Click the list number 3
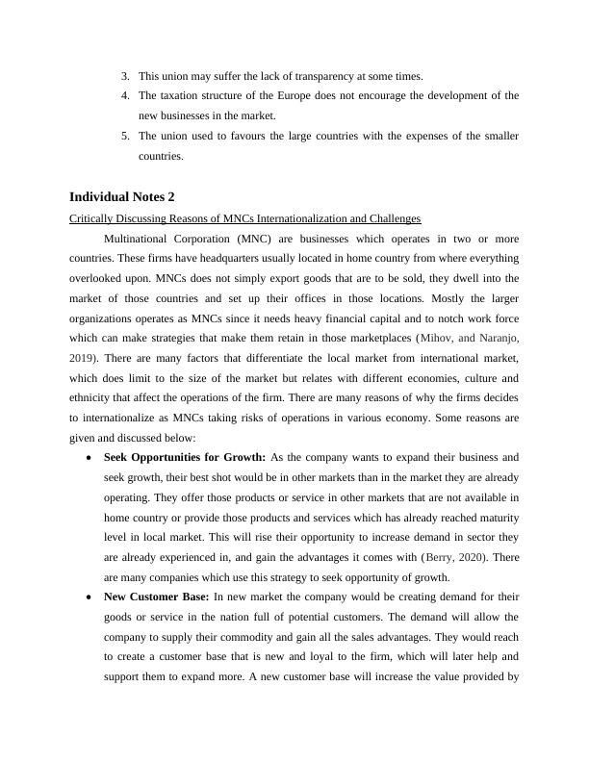[x=125, y=75]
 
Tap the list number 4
[x=125, y=95]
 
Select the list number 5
[x=125, y=136]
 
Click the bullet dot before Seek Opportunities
[x=89, y=457]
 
